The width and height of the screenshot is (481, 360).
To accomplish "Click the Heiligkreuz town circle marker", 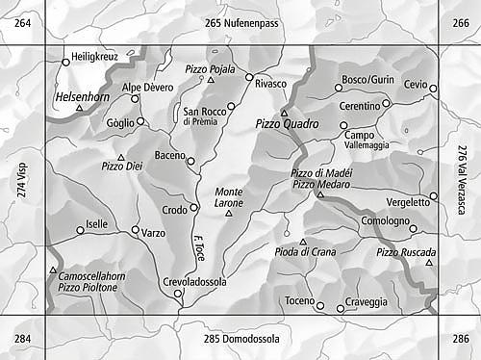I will pyautogui.click(x=65, y=62).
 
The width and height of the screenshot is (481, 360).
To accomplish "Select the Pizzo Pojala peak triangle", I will pyautogui.click(x=211, y=80).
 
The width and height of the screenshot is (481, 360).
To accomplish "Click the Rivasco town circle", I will pyautogui.click(x=249, y=77).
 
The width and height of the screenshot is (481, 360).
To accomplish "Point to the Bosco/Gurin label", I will pyautogui.click(x=368, y=79).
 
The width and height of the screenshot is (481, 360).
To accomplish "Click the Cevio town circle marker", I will pyautogui.click(x=433, y=89).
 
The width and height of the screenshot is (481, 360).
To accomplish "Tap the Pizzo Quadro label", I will pyautogui.click(x=286, y=124).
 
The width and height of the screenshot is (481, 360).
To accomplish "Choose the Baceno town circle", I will pyautogui.click(x=190, y=161).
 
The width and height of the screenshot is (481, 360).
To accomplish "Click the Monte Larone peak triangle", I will pyautogui.click(x=229, y=213).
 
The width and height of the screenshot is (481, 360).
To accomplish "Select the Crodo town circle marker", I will pyautogui.click(x=193, y=207).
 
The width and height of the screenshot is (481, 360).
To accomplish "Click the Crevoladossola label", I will pyautogui.click(x=194, y=282).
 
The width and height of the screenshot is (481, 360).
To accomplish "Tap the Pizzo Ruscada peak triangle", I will pyautogui.click(x=429, y=263).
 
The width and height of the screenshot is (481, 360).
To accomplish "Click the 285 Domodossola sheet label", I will pyautogui.click(x=240, y=339).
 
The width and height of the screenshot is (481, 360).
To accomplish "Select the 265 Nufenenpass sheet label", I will pyautogui.click(x=240, y=22).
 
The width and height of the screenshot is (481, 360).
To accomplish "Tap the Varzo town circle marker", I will pyautogui.click(x=135, y=229).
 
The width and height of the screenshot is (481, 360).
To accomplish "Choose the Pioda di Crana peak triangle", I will pyautogui.click(x=303, y=242).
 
